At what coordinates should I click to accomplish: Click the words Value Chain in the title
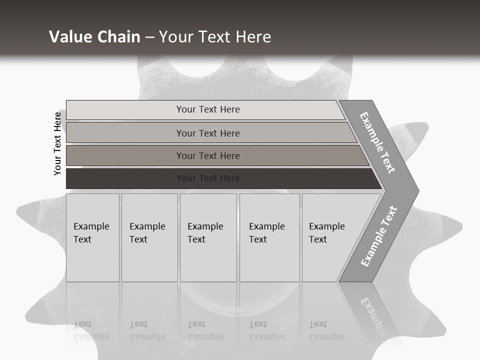click(x=94, y=37)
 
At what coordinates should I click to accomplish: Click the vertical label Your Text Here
click(x=57, y=143)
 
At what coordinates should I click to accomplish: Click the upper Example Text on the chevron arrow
click(x=378, y=142)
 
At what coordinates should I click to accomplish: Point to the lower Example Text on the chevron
click(x=379, y=236)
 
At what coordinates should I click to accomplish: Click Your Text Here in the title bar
click(x=215, y=37)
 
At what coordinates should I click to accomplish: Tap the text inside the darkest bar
click(x=208, y=178)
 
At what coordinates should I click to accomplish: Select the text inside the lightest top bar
click(x=208, y=109)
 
